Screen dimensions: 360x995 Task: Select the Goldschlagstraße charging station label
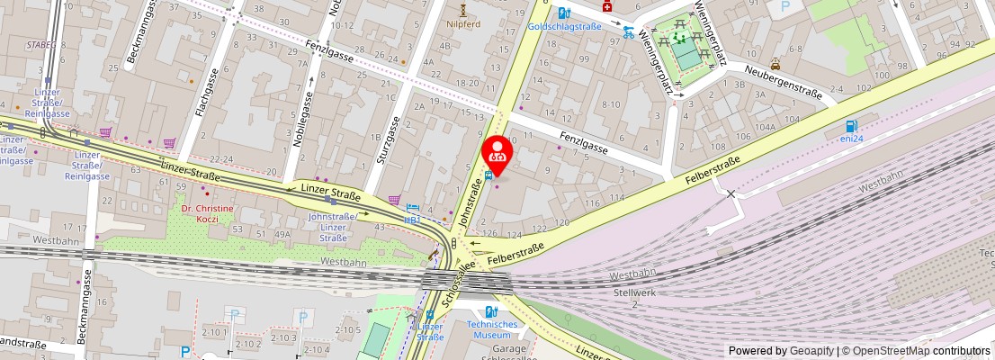[564, 27]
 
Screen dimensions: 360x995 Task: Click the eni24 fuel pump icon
[850, 126]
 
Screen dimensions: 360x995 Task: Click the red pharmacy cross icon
[607, 6]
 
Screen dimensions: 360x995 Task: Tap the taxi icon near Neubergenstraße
[775, 64]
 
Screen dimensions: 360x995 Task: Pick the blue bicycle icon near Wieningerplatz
[629, 32]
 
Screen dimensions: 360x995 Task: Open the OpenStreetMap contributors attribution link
[917, 351]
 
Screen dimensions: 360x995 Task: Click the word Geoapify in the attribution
[812, 351]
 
